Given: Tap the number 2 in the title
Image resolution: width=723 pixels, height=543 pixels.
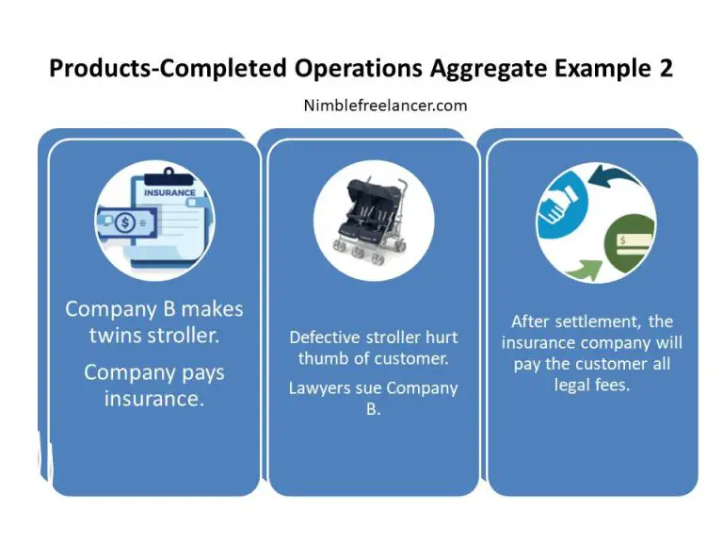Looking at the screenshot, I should pyautogui.click(x=665, y=69).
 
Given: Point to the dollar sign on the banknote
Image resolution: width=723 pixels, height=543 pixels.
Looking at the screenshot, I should pyautogui.click(x=125, y=222).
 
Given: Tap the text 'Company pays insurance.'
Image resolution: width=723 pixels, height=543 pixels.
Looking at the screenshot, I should pyautogui.click(x=154, y=386).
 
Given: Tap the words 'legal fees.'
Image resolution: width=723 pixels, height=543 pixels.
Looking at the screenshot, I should pyautogui.click(x=593, y=386).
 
